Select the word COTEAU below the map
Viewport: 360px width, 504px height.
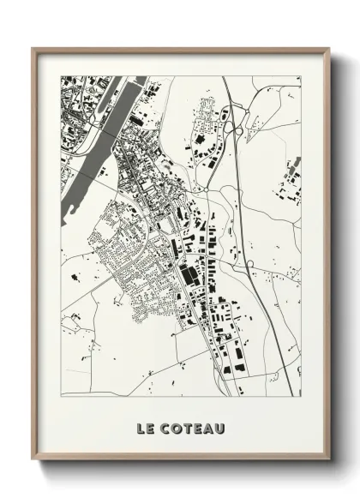click(191, 426)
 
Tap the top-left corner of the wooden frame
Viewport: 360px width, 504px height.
click(33, 48)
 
